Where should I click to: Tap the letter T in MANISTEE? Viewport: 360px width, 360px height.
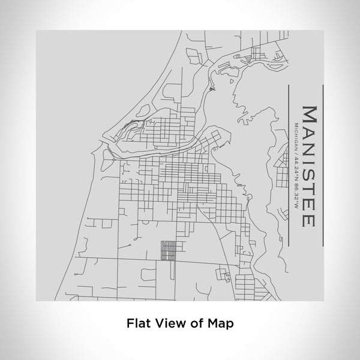coord(307,187)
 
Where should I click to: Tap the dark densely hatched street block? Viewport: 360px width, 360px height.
coord(169,250)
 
